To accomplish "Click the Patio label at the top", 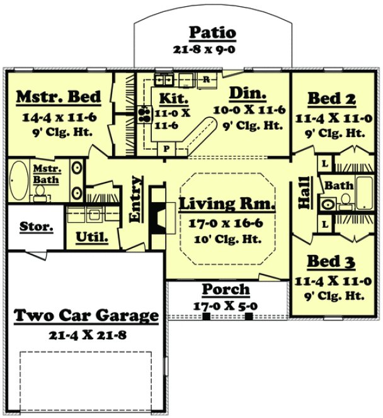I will click(x=213, y=33).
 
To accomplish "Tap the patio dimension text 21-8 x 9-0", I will click(x=213, y=48).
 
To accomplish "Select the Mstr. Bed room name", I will click(x=58, y=97).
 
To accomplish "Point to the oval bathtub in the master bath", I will click(x=18, y=181).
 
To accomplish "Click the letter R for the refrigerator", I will click(x=206, y=79).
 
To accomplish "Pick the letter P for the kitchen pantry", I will click(x=167, y=150).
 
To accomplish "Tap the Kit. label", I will click(x=171, y=99).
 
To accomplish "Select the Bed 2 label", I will click(x=331, y=99).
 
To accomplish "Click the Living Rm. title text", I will click(x=227, y=205).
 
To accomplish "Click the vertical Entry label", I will click(x=135, y=199).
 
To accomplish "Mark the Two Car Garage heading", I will click(x=86, y=316).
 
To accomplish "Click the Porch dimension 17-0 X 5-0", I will click(x=226, y=305).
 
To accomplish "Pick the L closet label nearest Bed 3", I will click(x=324, y=223).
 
